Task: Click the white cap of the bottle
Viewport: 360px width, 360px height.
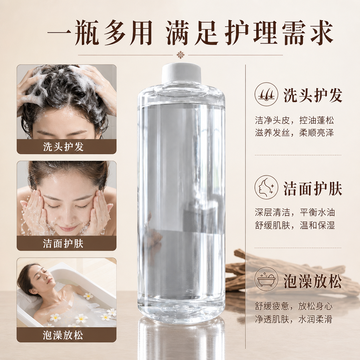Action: [x=181, y=74]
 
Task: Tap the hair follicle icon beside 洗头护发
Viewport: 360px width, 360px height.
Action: [x=266, y=94]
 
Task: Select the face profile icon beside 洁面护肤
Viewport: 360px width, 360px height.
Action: [x=266, y=187]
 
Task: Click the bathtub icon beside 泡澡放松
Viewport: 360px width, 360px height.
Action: [x=266, y=279]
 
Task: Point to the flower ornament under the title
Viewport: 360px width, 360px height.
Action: [x=180, y=55]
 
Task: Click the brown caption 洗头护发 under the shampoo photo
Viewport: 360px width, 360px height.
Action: [x=63, y=147]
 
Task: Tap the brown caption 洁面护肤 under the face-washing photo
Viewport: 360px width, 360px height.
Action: [x=63, y=243]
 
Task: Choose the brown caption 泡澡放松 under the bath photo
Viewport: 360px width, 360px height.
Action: [x=63, y=335]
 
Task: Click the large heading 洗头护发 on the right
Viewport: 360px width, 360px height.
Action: [x=313, y=95]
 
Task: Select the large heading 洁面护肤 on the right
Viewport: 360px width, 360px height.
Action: [x=313, y=188]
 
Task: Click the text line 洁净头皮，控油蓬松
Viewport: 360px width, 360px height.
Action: [x=294, y=120]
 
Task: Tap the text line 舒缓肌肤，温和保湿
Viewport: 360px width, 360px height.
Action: [x=295, y=225]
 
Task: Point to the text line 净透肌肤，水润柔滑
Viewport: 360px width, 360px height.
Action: [x=294, y=319]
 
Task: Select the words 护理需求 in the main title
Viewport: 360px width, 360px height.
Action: [x=278, y=33]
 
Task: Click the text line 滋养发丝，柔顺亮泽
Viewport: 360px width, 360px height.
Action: [x=294, y=133]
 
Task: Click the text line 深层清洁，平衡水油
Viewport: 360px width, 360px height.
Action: [x=295, y=212]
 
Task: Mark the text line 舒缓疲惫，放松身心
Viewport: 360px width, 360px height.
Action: [x=294, y=306]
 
